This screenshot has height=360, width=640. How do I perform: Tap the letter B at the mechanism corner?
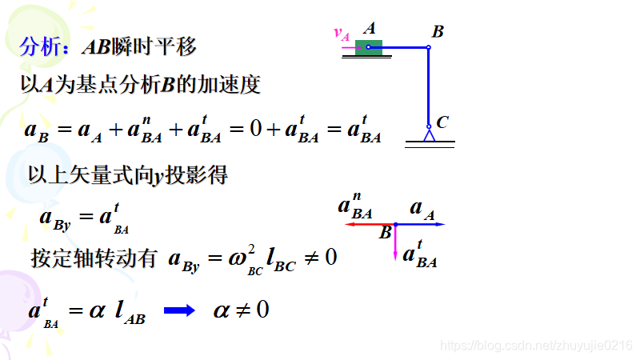438,32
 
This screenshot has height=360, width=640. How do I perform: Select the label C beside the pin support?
442,122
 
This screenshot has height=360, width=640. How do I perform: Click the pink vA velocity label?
342,34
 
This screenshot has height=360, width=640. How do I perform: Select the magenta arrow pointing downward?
395,243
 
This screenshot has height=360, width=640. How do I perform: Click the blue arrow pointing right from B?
421,225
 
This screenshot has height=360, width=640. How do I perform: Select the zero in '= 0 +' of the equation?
255,128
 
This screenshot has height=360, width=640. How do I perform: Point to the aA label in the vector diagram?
422,209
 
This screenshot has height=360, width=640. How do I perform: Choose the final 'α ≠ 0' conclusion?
241,310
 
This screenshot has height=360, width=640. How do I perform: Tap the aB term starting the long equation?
37,130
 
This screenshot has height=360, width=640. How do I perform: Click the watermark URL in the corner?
537,345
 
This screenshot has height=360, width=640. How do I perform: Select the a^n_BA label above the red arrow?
354,206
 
